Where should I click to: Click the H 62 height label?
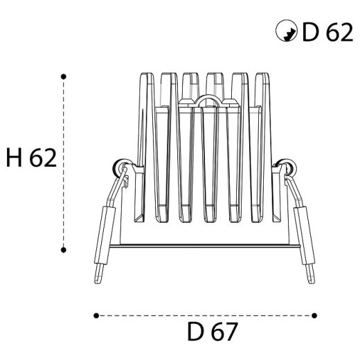click(x=31, y=158)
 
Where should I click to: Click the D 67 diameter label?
click(x=213, y=332)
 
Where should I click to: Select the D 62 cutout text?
click(x=327, y=32)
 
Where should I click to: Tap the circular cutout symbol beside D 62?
click(x=287, y=30)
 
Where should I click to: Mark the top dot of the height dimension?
click(x=64, y=77)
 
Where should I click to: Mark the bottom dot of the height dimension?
click(x=64, y=250)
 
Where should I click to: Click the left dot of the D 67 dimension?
click(x=96, y=316)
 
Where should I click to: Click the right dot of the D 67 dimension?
click(x=314, y=316)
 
